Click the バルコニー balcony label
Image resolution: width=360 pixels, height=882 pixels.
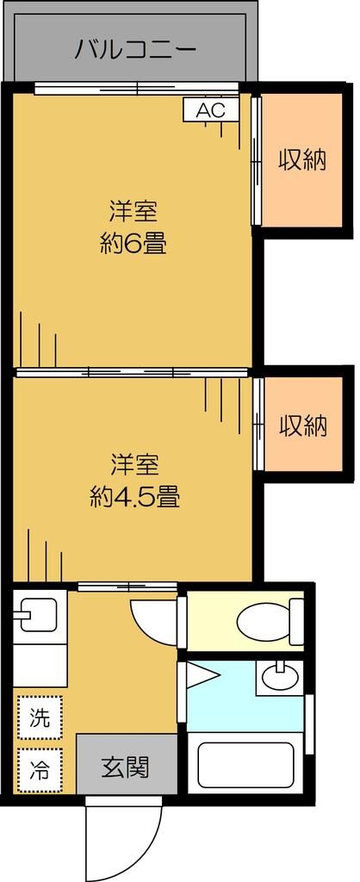click(x=135, y=48)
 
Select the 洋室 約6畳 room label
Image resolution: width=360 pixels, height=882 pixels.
click(x=133, y=227)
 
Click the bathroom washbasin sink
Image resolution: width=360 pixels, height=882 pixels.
click(x=278, y=676)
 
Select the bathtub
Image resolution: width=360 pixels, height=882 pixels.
click(x=246, y=764)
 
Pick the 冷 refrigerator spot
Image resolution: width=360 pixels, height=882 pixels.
click(x=40, y=769)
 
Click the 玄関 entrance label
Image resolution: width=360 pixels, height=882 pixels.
click(x=126, y=765)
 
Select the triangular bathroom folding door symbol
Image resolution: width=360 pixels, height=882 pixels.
click(x=202, y=677)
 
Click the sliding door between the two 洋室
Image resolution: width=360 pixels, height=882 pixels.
click(x=133, y=374)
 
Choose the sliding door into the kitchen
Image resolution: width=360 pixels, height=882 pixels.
click(x=127, y=587)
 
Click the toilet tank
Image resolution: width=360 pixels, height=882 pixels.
click(x=296, y=622)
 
